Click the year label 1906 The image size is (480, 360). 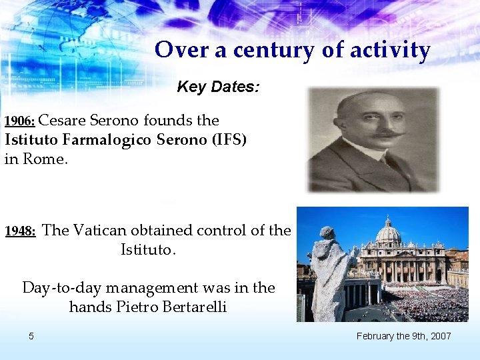(x=20, y=122)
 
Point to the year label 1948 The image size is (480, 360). (x=20, y=232)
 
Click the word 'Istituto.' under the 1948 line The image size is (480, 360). (x=148, y=251)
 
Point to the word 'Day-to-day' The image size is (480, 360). (x=61, y=288)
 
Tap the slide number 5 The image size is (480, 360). (x=31, y=336)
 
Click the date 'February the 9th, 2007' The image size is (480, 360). (x=403, y=336)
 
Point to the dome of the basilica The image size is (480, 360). (x=387, y=231)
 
